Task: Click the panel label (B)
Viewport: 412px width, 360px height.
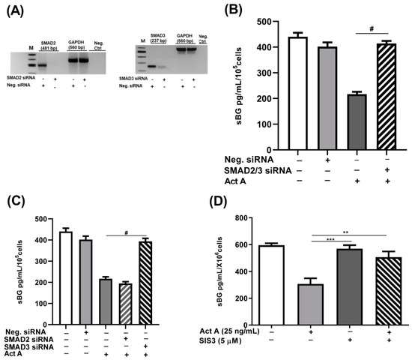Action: [222, 10]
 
